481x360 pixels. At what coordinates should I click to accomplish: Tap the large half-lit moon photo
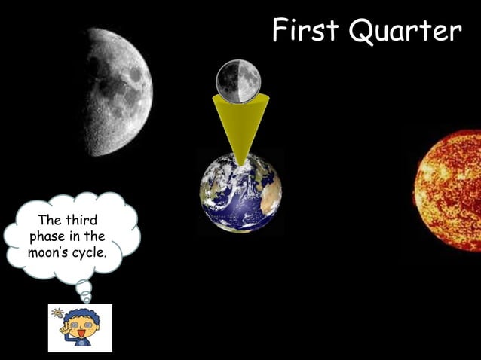(121, 90)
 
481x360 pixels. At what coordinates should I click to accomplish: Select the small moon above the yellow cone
(238, 79)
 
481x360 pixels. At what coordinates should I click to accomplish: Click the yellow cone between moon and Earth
(239, 121)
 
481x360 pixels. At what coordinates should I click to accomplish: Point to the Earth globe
(240, 192)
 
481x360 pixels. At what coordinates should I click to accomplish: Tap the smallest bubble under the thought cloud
(87, 299)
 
